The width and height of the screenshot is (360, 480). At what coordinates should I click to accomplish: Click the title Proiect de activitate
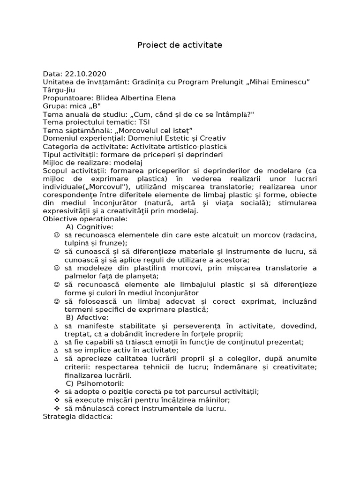point(180,45)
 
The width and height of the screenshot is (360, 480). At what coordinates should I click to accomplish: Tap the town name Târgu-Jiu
point(59,90)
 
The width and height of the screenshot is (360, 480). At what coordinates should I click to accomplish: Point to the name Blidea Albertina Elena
point(136,98)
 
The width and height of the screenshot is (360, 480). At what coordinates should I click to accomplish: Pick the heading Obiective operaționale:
point(85,219)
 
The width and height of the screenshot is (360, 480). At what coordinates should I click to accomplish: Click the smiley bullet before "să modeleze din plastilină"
point(56,268)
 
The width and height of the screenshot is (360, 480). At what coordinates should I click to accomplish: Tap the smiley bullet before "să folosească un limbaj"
point(56,301)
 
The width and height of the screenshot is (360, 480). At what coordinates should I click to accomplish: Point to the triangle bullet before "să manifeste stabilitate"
point(56,326)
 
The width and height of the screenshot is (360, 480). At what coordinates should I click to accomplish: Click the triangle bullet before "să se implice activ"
point(56,350)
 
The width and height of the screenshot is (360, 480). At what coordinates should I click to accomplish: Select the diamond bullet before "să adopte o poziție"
point(56,391)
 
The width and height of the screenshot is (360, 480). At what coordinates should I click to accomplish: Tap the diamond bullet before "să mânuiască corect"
point(56,408)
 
